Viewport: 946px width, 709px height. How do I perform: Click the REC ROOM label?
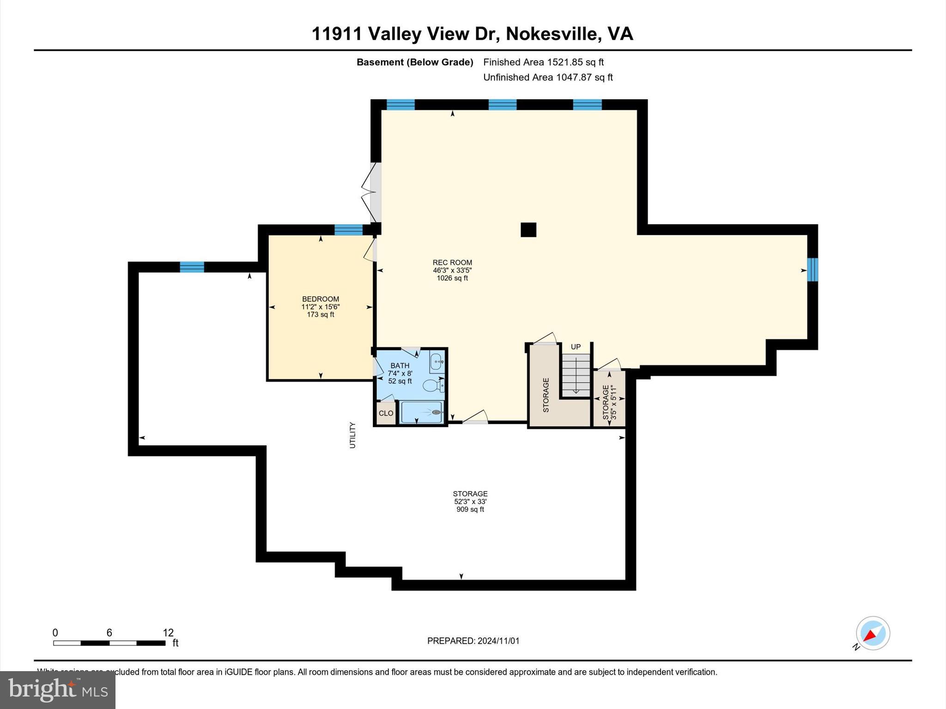pyautogui.click(x=452, y=263)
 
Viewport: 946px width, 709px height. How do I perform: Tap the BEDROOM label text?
pyautogui.click(x=321, y=299)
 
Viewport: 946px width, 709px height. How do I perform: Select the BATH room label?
pyautogui.click(x=400, y=366)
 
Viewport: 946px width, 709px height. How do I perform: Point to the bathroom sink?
pyautogui.click(x=437, y=362)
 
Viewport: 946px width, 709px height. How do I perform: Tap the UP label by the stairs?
pyautogui.click(x=576, y=347)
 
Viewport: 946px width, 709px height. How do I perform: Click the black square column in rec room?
pyautogui.click(x=528, y=230)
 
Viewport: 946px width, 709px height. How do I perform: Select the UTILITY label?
pyautogui.click(x=352, y=435)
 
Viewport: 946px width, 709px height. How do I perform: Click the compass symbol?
pyautogui.click(x=873, y=633)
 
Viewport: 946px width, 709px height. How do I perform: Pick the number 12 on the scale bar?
pyautogui.click(x=168, y=633)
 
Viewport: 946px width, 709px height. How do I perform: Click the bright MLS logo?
pyautogui.click(x=58, y=690)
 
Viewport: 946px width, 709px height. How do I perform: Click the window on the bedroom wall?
pyautogui.click(x=348, y=229)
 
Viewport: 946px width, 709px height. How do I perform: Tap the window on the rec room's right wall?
pyautogui.click(x=813, y=270)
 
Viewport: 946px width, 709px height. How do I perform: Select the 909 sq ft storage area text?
pyautogui.click(x=470, y=510)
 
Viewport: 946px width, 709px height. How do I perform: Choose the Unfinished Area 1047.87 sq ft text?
pyautogui.click(x=548, y=78)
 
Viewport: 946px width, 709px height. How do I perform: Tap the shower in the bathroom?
pyautogui.click(x=422, y=412)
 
